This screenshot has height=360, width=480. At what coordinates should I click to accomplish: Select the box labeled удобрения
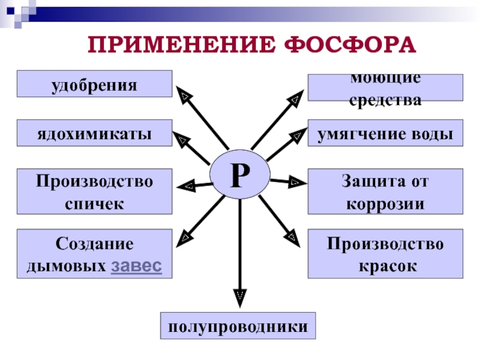pyautogui.click(x=94, y=84)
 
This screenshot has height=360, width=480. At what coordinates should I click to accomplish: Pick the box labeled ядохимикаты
pyautogui.click(x=94, y=133)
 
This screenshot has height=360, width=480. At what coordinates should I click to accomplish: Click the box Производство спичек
pyautogui.click(x=94, y=191)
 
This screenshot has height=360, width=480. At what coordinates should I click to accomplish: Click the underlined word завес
pyautogui.click(x=136, y=265)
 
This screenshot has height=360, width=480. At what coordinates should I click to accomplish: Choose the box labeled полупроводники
pyautogui.click(x=238, y=326)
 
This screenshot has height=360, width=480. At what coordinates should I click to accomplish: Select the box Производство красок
pyautogui.click(x=385, y=253)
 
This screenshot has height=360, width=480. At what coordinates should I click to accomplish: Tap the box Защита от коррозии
pyautogui.click(x=385, y=191)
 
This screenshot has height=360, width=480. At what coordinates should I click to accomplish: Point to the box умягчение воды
pyautogui.click(x=385, y=133)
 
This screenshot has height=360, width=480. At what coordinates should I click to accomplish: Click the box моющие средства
pyautogui.click(x=385, y=88)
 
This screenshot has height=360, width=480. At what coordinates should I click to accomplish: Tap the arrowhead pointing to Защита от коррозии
pyautogui.click(x=295, y=181)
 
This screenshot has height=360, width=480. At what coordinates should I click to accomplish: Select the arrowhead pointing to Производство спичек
pyautogui.click(x=187, y=186)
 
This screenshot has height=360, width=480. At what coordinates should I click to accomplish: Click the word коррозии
pyautogui.click(x=385, y=203)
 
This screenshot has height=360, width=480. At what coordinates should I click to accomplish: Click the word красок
pyautogui.click(x=385, y=265)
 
